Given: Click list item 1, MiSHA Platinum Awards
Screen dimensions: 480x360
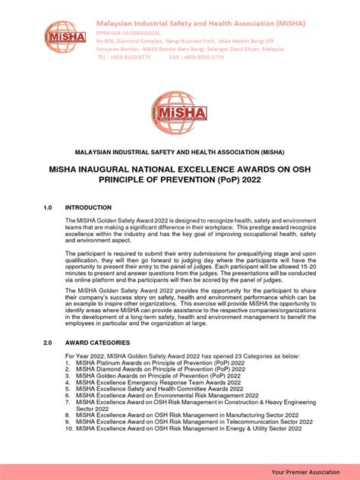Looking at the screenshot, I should [x=159, y=364].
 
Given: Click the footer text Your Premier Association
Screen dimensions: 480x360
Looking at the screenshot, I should [x=312, y=472].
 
